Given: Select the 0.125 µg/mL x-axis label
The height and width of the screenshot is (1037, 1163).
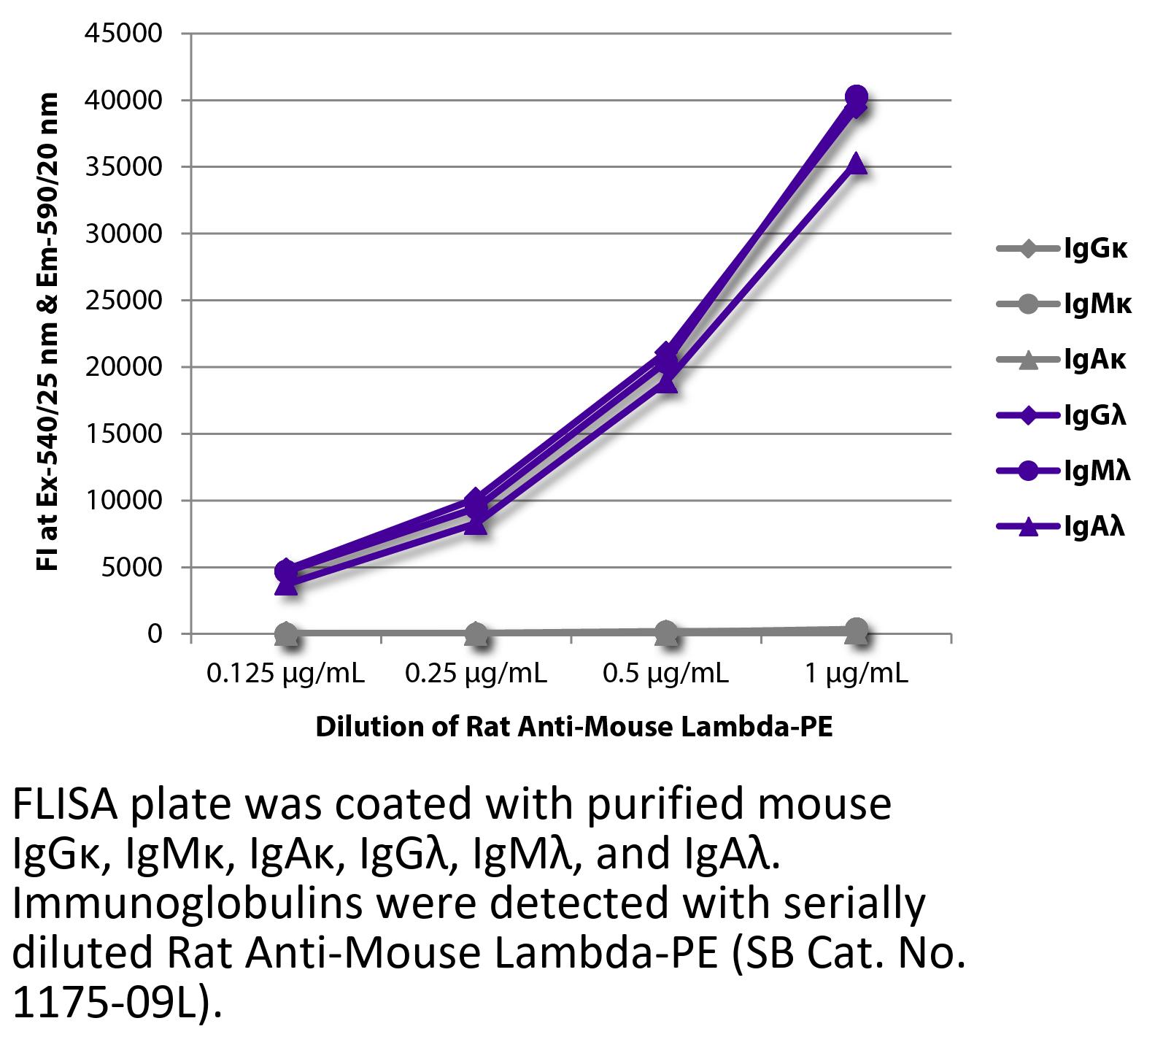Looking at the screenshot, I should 285,674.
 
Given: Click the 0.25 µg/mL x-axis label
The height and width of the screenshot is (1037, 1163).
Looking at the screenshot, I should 476,674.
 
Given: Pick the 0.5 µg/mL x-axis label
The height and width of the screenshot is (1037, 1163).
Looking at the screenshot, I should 665,674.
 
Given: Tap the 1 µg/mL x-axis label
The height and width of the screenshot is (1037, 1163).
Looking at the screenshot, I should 857,674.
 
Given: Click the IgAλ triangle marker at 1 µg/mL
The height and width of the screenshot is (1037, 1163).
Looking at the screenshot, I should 857,164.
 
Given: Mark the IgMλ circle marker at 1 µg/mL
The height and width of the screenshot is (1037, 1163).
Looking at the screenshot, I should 857,96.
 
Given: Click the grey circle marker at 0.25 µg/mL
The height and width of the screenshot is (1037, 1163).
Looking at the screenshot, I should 476,633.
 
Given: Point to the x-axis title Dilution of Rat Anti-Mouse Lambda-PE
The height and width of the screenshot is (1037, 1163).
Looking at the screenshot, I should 573,728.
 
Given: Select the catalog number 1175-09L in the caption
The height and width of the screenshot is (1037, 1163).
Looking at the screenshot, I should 109,1005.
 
